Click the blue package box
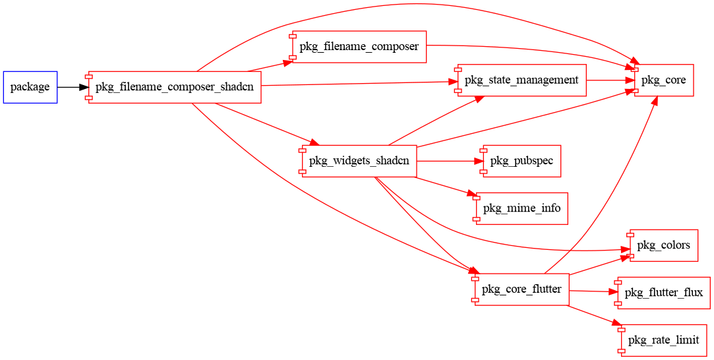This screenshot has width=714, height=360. (x=30, y=87)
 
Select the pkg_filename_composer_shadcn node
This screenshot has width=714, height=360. (x=175, y=87)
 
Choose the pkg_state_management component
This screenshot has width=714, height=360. (x=521, y=80)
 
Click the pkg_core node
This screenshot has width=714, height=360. (x=664, y=80)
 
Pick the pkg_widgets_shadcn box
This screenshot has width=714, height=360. (x=359, y=161)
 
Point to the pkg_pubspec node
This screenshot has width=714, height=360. (x=521, y=161)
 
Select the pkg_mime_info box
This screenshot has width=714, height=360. (x=521, y=208)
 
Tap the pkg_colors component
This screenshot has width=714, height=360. (x=663, y=245)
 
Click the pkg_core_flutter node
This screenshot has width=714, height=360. (x=521, y=289)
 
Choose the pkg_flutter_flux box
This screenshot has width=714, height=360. (x=663, y=293)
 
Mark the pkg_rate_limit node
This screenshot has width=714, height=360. (x=663, y=340)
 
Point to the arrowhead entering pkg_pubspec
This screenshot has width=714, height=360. (x=479, y=161)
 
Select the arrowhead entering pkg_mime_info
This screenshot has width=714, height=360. (x=472, y=195)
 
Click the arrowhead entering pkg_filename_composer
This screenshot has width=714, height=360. (x=287, y=62)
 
